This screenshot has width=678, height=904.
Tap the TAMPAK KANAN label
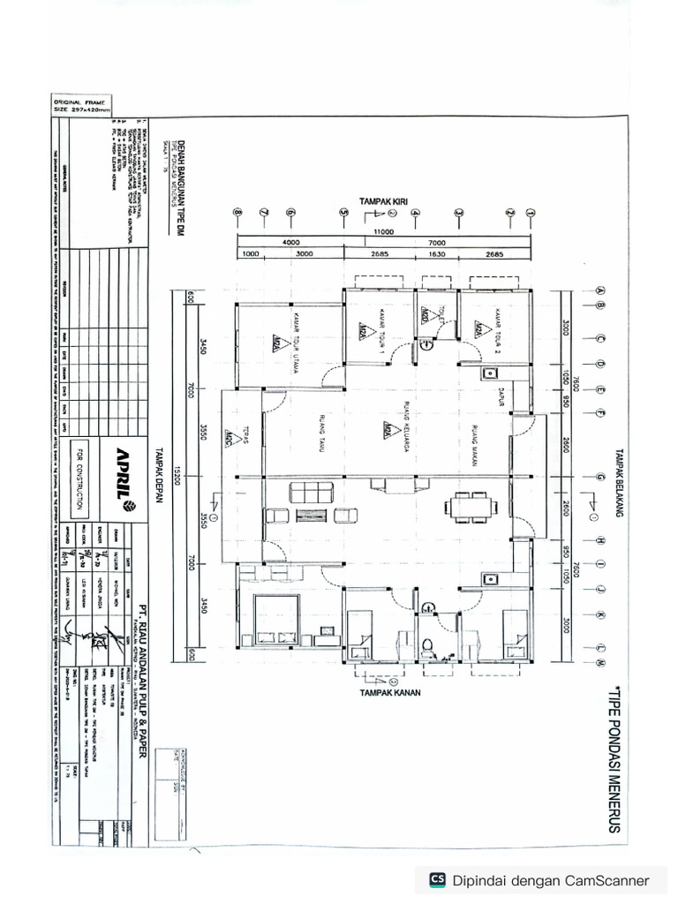coord(389,693)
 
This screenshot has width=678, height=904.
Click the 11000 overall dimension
coord(382,233)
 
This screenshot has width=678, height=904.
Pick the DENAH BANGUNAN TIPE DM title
coord(173,185)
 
